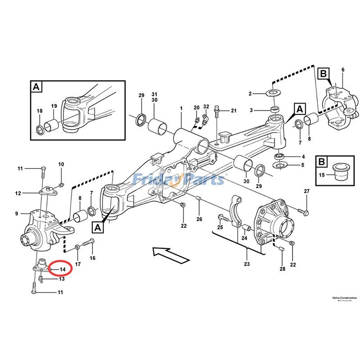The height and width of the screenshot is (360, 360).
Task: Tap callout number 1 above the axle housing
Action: [181, 108]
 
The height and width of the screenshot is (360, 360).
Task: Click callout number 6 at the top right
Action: [342, 70]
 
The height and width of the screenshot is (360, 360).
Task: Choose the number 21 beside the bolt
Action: [233, 111]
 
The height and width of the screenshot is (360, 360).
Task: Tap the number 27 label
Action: [306, 192]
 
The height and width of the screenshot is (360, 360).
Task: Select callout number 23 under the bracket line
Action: [247, 264]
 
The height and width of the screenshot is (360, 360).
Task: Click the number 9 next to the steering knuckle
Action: [17, 213]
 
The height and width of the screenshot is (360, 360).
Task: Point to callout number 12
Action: [18, 193]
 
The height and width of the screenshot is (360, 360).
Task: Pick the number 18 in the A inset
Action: [39, 111]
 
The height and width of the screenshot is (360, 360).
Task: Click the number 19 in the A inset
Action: [54, 106]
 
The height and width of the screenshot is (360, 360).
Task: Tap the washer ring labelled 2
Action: [273, 94]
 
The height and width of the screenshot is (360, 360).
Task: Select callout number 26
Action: [199, 219]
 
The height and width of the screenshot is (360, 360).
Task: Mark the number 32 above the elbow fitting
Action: [206, 107]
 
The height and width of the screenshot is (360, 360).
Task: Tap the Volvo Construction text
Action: [344, 298]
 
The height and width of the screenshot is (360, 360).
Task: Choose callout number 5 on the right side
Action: [303, 165]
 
